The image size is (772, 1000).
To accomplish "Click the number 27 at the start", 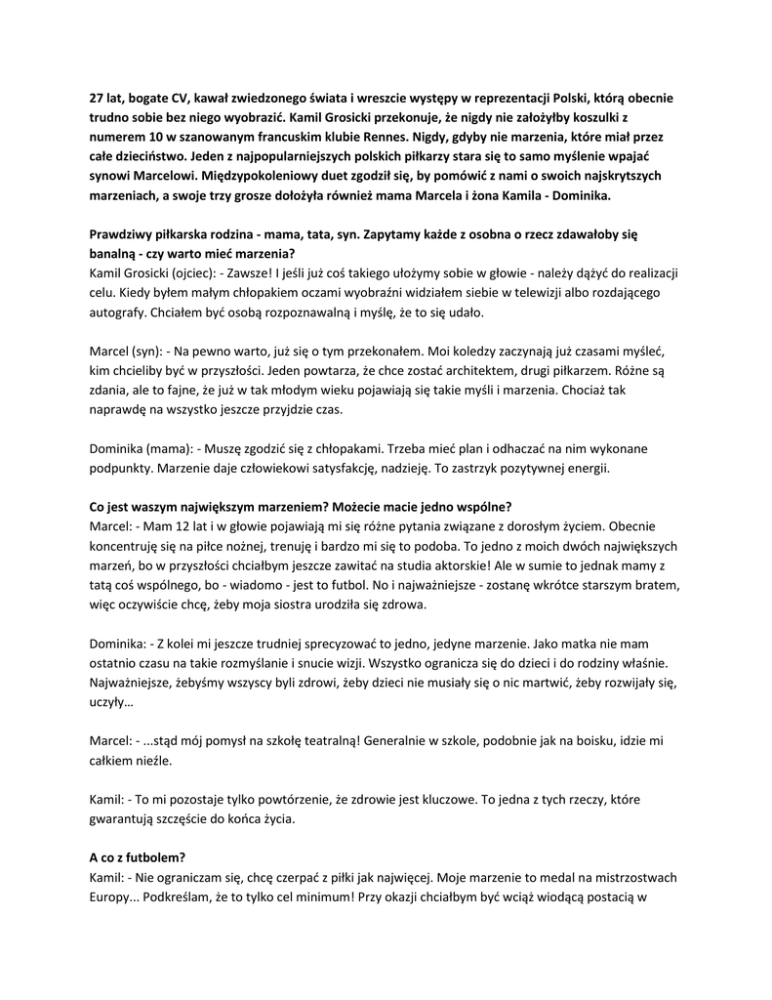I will pyautogui.click(x=98, y=99).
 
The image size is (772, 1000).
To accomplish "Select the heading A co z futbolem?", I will pyautogui.click(x=137, y=856).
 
